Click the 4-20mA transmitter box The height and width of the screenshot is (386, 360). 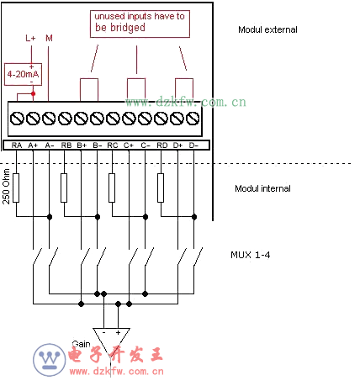(23, 74)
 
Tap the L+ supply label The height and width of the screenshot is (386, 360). (30, 38)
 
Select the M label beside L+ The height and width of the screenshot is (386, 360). (49, 38)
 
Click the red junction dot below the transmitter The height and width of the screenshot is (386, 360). (33, 93)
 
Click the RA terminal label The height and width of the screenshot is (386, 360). (17, 145)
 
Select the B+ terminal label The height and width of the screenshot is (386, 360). (82, 145)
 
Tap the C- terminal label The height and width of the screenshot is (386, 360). (146, 145)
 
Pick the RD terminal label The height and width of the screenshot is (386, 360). (162, 145)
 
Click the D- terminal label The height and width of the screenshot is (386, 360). (193, 145)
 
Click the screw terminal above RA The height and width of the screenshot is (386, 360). (17, 119)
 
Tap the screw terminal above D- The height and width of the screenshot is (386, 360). (193, 119)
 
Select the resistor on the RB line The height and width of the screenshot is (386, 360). (64, 188)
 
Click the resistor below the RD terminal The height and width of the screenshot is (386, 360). (161, 188)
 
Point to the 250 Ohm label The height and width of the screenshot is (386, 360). (6, 187)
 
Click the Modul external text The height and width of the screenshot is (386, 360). (267, 29)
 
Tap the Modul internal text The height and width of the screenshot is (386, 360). (262, 188)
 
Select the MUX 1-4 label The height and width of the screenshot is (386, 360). (251, 255)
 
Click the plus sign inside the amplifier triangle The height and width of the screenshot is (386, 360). (118, 332)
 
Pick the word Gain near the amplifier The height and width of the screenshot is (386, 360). (81, 344)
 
